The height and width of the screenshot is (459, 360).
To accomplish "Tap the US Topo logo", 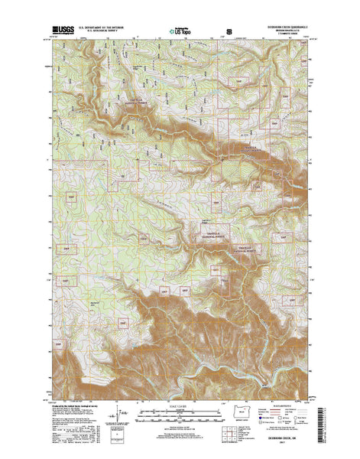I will pos(181,33).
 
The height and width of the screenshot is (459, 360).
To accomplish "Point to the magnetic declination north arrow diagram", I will pos(121,414).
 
